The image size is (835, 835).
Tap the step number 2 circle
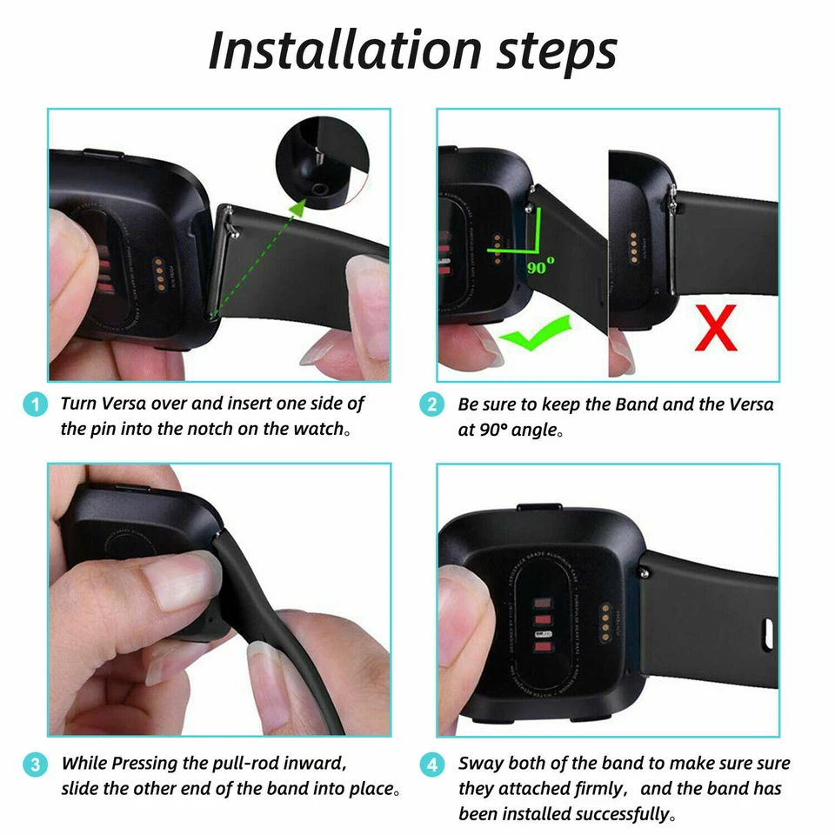point(431,404)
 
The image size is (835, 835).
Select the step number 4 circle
point(431,765)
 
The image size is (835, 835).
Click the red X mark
point(714,329)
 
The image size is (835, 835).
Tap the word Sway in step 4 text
point(481,764)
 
